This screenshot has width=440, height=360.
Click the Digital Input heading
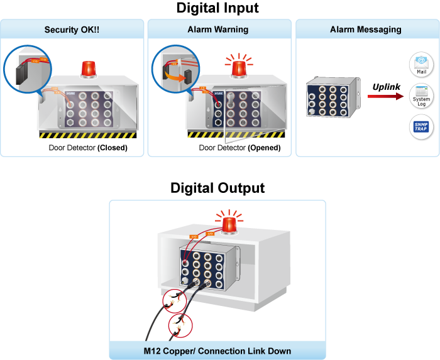[217, 8]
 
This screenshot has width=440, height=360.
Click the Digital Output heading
[217, 188]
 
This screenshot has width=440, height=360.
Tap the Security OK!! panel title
[72, 30]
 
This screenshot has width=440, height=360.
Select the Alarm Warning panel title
[218, 30]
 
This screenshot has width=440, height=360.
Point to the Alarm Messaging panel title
[366, 30]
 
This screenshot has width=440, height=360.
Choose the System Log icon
[421, 95]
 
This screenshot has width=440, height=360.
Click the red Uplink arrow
[384, 97]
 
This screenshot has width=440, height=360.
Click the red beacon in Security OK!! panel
[89, 68]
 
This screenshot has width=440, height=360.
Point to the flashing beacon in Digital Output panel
[229, 224]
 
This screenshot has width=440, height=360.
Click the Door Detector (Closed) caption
[88, 148]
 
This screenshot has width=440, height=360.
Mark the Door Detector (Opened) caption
[239, 148]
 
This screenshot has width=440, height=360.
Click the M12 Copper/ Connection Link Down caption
[217, 350]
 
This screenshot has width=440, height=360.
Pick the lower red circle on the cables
[182, 325]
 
